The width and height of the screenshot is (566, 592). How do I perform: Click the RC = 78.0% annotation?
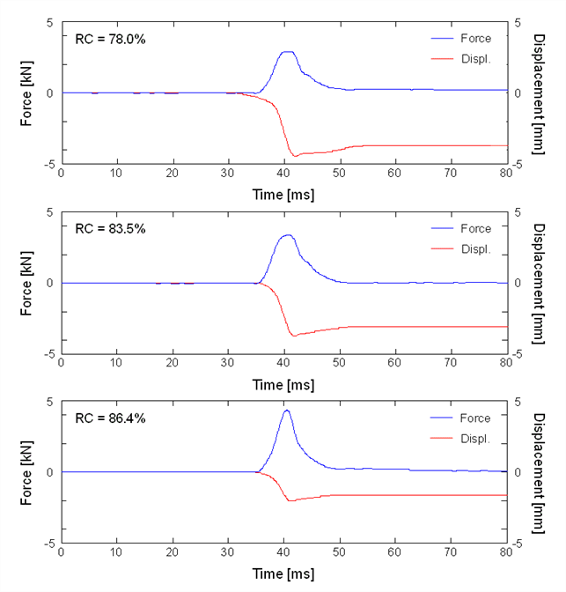click(110, 40)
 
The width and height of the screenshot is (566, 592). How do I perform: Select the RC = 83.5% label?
click(110, 229)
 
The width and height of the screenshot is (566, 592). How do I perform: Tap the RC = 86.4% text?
click(110, 418)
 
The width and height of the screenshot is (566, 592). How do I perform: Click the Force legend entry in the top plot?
click(461, 39)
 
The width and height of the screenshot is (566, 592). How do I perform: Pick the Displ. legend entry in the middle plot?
click(461, 249)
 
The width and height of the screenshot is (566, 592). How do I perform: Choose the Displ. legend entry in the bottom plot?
click(460, 439)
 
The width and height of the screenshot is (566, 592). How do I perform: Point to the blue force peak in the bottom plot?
click(287, 411)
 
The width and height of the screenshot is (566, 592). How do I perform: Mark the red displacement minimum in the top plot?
click(295, 156)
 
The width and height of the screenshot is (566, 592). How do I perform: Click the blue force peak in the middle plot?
click(289, 235)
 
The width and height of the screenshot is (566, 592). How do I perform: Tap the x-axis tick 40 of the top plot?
click(283, 174)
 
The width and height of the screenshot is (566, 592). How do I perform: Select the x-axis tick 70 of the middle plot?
click(450, 363)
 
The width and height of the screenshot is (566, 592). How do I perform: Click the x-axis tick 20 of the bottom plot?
click(172, 552)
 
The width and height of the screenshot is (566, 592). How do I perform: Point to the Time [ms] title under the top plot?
click(283, 195)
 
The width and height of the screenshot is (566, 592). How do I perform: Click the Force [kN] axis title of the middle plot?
click(26, 283)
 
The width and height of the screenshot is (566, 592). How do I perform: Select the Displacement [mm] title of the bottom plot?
click(539, 473)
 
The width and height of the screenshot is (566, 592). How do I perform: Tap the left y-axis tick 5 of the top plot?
click(50, 23)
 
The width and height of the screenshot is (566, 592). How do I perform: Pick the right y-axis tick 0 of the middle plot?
click(518, 283)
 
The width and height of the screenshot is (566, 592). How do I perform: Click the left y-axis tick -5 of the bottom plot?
click(49, 544)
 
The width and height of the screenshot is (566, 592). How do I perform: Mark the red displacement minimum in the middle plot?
click(294, 336)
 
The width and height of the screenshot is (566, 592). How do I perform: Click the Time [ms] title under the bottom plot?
click(283, 573)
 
